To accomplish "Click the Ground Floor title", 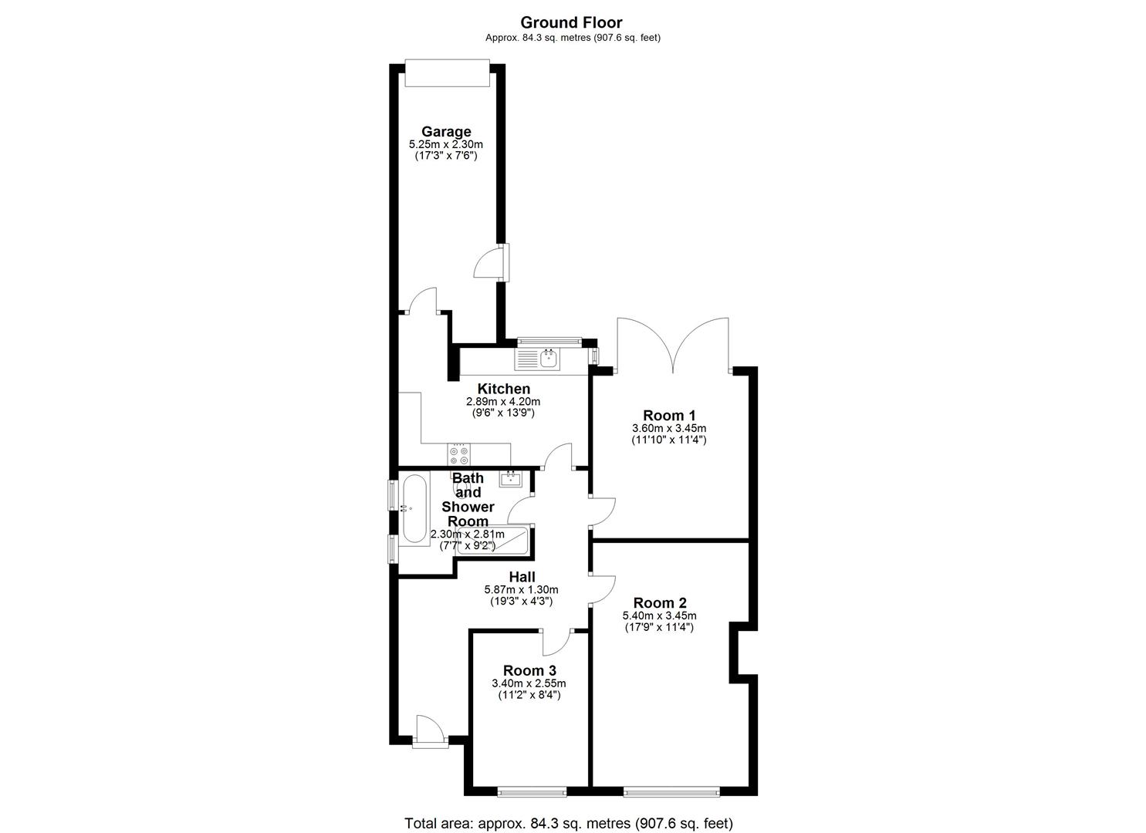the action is tap(571, 22).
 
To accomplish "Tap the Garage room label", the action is tap(445, 131).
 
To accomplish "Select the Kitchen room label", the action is tap(503, 389).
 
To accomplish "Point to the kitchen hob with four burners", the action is tap(458, 454).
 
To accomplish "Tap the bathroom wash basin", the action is tap(511, 479).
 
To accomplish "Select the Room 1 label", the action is tap(669, 415).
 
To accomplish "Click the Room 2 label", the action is tap(659, 602).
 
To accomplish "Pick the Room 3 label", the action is tap(529, 670).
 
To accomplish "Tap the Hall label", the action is tap(522, 576).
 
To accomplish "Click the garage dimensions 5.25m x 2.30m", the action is tap(445, 144).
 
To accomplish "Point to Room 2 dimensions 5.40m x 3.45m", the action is tap(659, 615).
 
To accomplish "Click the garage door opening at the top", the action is tap(447, 73).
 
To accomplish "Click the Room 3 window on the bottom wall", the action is tap(531, 791).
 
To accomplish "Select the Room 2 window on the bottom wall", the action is tap(671, 791).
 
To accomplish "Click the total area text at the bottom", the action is tap(569, 823).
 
